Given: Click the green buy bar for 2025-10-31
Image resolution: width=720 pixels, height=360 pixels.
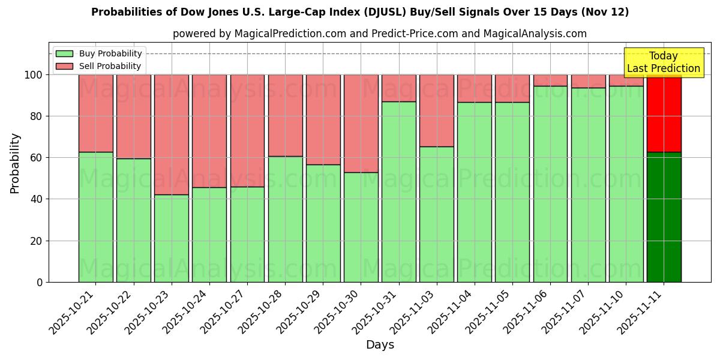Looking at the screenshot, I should (399, 192).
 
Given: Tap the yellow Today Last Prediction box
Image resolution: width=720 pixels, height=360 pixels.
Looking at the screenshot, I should (663, 62).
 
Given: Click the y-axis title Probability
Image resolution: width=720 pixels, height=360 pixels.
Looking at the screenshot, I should (16, 163).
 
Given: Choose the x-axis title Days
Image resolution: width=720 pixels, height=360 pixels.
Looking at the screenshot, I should (380, 345).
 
